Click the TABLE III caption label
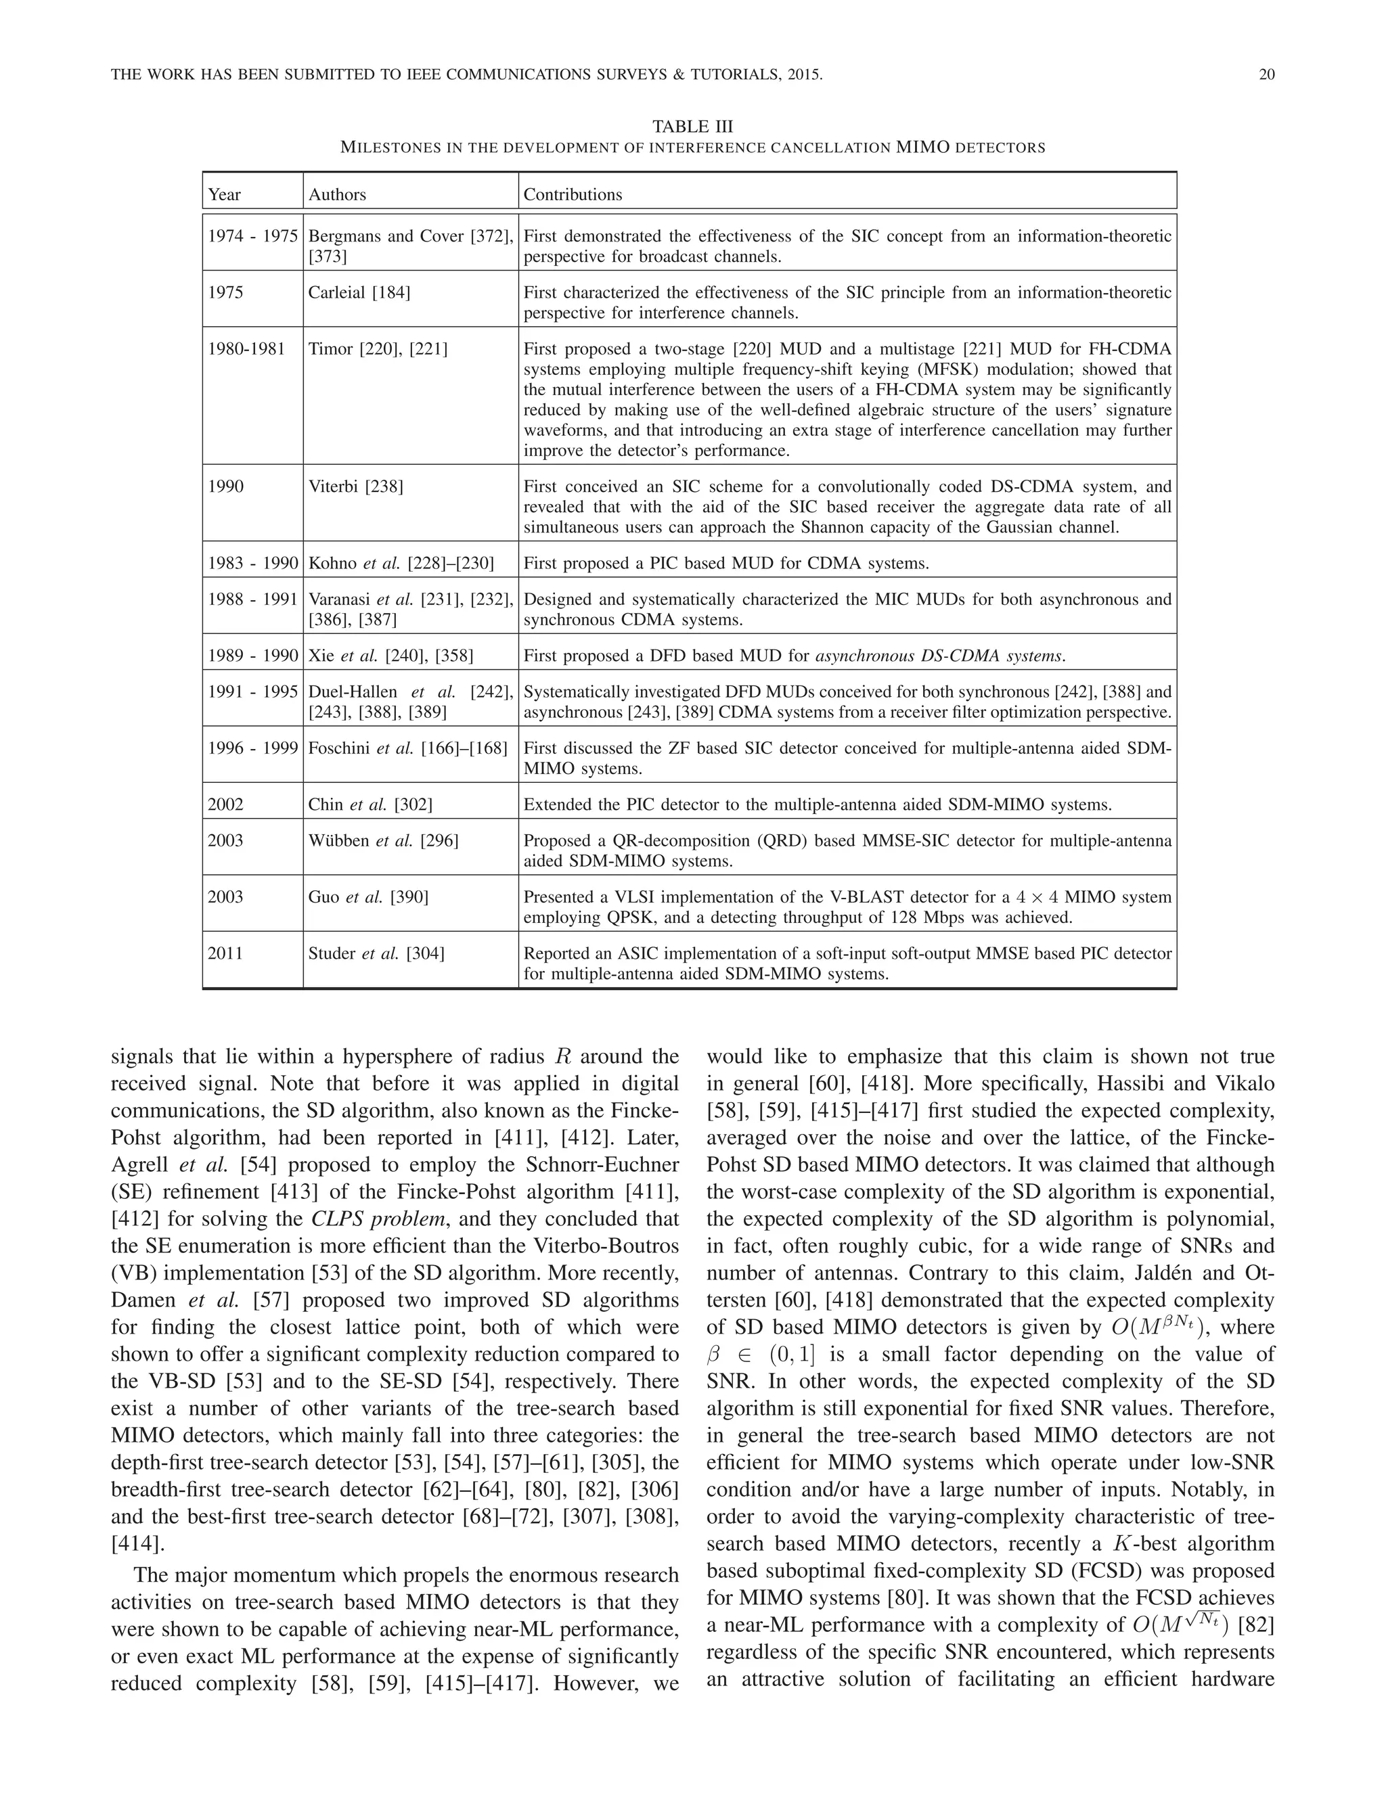[692, 127]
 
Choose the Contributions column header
[573, 195]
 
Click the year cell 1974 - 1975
[252, 236]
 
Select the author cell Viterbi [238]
[355, 486]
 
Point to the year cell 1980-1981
[246, 348]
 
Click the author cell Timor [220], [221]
[378, 348]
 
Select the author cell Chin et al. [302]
[370, 804]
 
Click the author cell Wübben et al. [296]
[382, 840]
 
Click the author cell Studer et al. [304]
[376, 953]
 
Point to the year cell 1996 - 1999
[252, 748]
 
